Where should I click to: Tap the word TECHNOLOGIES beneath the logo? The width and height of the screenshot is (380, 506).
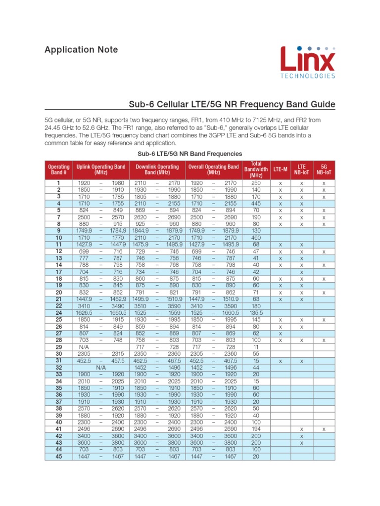click(308, 76)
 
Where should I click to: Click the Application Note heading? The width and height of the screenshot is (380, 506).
click(81, 50)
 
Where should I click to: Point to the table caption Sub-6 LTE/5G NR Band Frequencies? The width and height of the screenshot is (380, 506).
click(190, 153)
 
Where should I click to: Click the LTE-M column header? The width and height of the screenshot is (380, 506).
click(280, 169)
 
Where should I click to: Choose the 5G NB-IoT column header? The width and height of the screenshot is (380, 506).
click(324, 169)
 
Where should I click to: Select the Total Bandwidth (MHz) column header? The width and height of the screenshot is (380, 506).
click(256, 169)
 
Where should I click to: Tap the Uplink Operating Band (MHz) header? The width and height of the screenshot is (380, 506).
click(100, 169)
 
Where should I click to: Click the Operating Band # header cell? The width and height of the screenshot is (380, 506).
click(58, 169)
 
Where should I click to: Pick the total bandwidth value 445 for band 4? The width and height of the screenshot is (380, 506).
click(256, 203)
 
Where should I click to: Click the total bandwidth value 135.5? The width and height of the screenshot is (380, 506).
click(256, 313)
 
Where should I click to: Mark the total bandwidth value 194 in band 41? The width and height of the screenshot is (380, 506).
click(256, 429)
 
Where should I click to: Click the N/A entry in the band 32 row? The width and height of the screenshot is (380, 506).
click(101, 368)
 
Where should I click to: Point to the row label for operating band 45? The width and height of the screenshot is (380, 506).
click(58, 457)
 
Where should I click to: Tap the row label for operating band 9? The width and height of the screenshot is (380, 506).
click(58, 231)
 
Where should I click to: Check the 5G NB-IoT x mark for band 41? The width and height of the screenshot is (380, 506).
click(324, 429)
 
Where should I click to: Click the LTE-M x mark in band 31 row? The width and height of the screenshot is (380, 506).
click(280, 361)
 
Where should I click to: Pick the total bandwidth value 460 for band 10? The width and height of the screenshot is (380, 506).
click(256, 238)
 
